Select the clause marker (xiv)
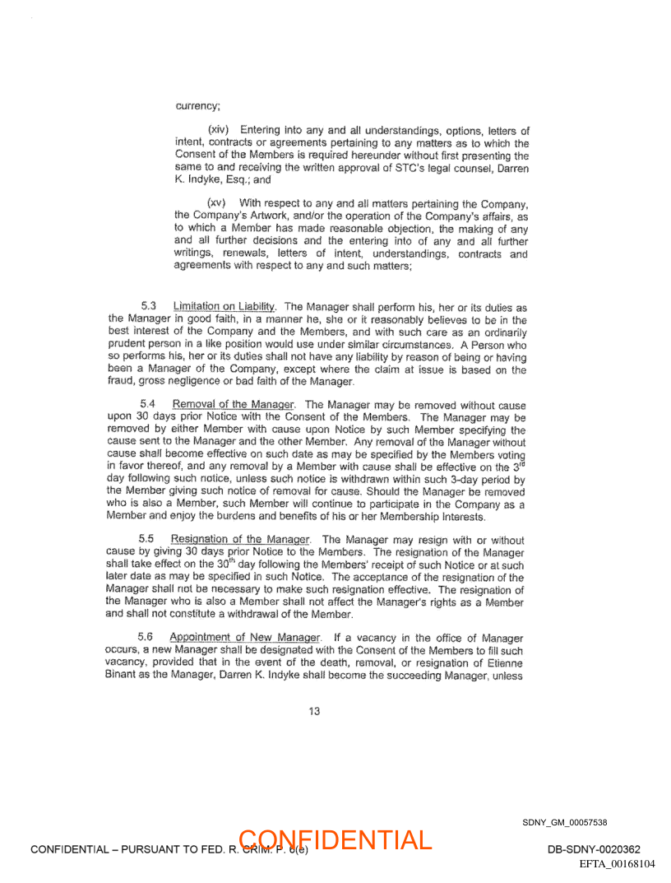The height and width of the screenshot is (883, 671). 220,131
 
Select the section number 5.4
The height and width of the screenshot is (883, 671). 148,404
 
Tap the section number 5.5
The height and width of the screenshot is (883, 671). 148,540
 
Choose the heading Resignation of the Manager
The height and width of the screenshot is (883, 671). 241,540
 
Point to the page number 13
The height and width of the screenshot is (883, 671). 314,712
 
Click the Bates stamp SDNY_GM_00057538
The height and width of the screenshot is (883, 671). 564,822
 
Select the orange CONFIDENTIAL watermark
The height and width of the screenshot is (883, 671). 335,840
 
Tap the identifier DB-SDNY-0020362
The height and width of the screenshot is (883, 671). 593,849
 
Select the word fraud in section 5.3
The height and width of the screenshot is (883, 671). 120,383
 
